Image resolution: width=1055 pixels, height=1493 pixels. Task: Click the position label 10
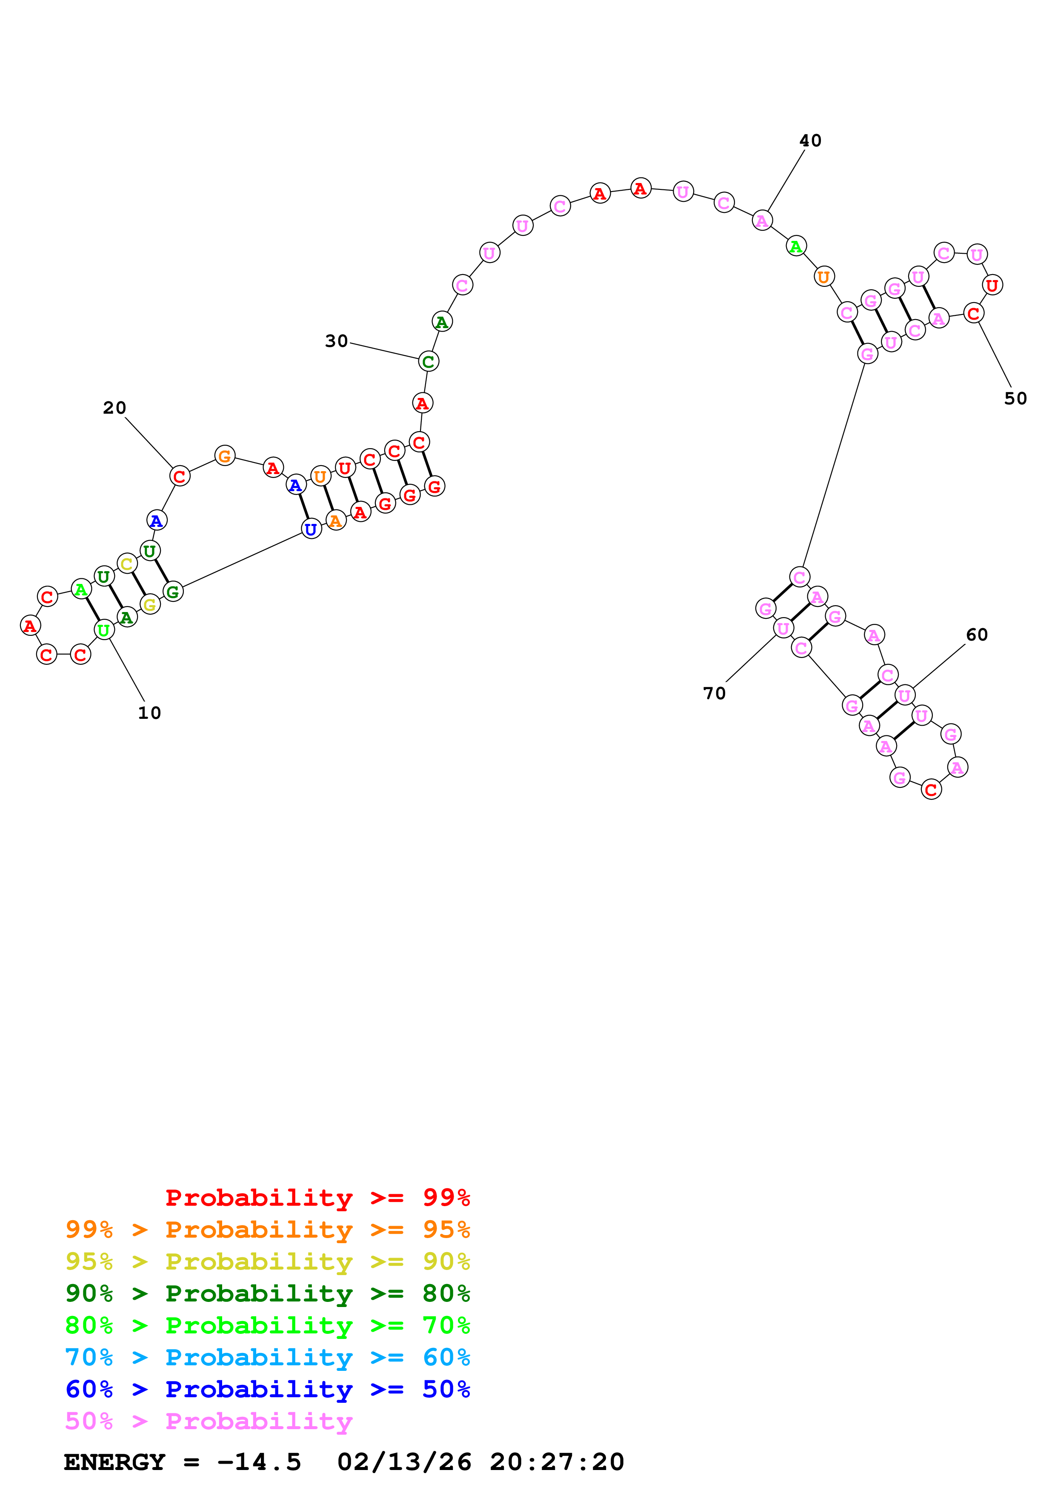point(149,713)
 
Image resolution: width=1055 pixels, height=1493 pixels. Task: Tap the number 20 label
point(114,408)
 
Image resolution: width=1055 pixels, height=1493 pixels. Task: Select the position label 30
point(337,341)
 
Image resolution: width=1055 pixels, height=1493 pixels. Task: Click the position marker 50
point(1015,399)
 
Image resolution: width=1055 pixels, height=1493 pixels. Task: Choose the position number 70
point(715,693)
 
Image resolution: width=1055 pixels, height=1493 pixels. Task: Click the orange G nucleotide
point(224,456)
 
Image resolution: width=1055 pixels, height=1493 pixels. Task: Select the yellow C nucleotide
point(127,564)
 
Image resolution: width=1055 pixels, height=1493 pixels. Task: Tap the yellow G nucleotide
point(149,605)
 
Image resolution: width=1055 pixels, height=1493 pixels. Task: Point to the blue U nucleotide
point(312,529)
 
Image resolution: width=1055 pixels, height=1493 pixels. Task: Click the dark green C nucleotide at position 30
point(428,361)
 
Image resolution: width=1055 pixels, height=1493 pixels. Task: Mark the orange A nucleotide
point(335,520)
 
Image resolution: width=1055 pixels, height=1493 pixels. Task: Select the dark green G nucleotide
point(172,592)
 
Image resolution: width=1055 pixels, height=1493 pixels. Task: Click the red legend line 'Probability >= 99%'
point(318,1197)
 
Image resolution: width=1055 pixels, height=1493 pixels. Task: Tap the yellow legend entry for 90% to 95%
point(268,1261)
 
